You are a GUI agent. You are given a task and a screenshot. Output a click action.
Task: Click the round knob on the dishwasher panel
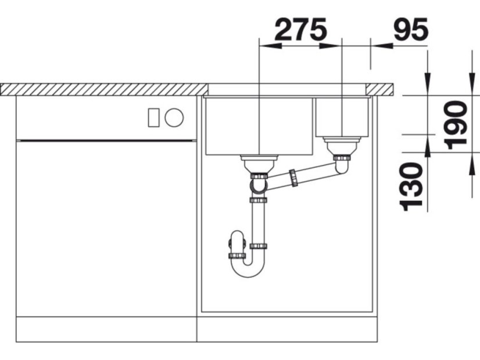click(x=174, y=118)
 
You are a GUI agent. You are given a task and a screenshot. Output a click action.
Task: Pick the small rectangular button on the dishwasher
click(x=153, y=118)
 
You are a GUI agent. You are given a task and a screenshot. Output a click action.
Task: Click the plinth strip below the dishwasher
click(x=106, y=329)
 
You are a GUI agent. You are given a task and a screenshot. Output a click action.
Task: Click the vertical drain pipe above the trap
click(x=257, y=224)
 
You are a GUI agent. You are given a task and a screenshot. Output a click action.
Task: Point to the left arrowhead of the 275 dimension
click(x=264, y=45)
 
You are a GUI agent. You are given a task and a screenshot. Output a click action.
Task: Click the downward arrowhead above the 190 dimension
click(x=470, y=81)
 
